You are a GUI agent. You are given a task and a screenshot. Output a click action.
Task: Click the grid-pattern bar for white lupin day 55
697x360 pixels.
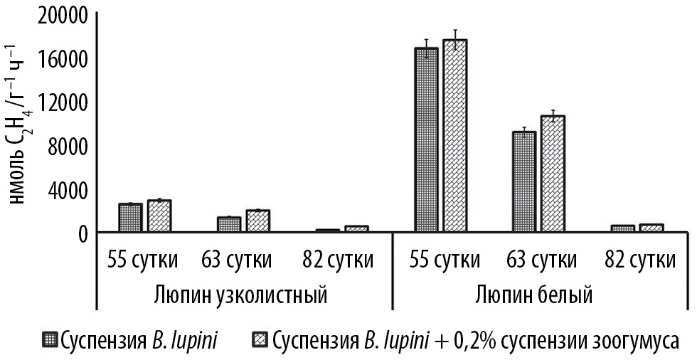(427, 139)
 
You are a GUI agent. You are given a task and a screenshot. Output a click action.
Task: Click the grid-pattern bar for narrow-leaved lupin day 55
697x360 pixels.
(131, 218)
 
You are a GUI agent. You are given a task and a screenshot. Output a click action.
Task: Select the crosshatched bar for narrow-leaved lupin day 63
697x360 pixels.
(257, 221)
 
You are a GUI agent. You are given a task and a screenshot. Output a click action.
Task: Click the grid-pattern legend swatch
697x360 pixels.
(50, 341)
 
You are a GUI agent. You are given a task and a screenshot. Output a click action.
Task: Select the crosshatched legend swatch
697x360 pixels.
(260, 341)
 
